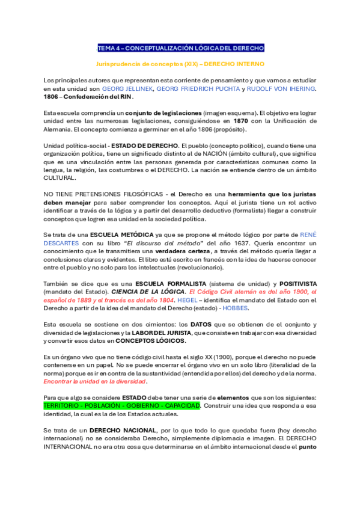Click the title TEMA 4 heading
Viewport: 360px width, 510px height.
tap(180, 48)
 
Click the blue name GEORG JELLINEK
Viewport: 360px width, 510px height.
tap(127, 88)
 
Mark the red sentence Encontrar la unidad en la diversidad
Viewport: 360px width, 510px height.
tap(95, 381)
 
